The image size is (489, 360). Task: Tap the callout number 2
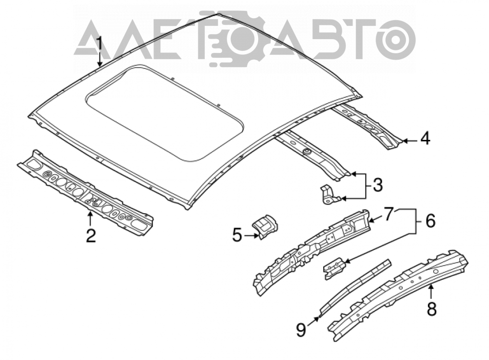click(91, 236)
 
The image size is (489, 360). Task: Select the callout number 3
click(377, 185)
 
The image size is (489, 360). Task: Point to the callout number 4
click(425, 138)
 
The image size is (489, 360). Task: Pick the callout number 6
click(430, 221)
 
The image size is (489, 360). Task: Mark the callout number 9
click(301, 330)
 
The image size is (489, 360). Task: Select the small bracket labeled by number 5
click(266, 225)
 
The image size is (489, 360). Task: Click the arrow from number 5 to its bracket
click(252, 236)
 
